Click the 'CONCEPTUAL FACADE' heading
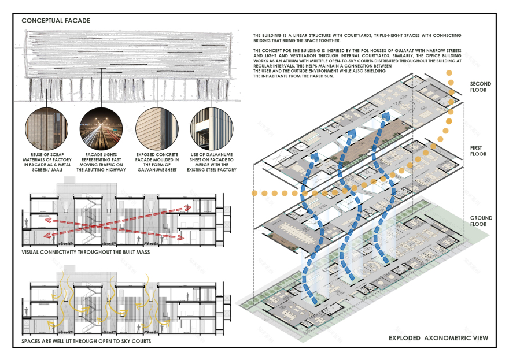pyautogui.click(x=56, y=21)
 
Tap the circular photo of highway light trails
pyautogui.click(x=100, y=127)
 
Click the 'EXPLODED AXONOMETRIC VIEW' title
pyautogui.click(x=438, y=337)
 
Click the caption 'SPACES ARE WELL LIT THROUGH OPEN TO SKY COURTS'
pyautogui.click(x=86, y=342)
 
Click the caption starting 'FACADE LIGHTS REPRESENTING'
pyautogui.click(x=100, y=161)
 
